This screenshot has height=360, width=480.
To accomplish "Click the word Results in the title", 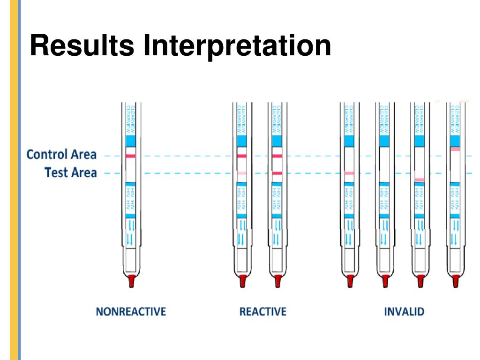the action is click(82, 46).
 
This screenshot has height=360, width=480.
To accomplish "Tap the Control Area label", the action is click(61, 154).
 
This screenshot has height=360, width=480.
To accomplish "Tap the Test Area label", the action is click(71, 172).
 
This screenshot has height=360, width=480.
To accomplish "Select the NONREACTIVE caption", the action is click(131, 312).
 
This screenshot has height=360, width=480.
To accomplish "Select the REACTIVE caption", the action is click(262, 312).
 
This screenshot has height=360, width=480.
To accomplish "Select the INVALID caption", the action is click(404, 312).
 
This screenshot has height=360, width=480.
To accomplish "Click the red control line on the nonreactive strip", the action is click(130, 156).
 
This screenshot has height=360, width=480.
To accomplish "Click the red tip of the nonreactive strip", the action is click(131, 281).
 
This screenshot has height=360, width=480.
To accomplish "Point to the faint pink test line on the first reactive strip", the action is click(242, 173).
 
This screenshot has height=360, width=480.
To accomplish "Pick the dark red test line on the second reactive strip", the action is click(277, 173).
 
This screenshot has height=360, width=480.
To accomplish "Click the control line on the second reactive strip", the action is click(277, 156).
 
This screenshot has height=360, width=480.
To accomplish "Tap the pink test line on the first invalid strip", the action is click(349, 173).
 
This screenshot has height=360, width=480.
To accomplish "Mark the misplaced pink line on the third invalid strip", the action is click(420, 180).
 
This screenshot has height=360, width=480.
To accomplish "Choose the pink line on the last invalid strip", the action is click(455, 149).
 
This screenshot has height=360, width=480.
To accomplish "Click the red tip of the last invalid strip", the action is click(455, 281).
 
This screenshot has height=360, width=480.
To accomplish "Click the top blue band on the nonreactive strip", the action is click(130, 141).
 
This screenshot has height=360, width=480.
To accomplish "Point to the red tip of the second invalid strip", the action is click(385, 281).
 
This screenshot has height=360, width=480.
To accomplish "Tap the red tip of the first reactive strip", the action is click(242, 281).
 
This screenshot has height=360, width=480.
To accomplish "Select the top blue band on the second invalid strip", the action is click(384, 141).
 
